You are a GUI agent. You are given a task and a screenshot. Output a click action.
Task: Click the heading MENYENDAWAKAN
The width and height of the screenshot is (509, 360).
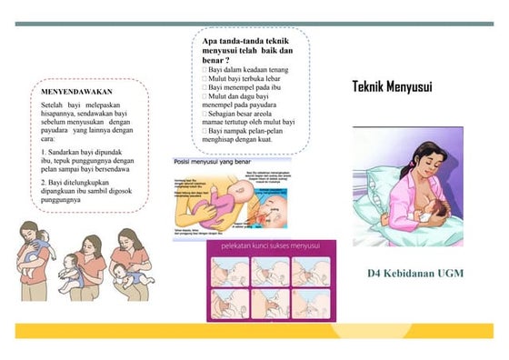(77, 92)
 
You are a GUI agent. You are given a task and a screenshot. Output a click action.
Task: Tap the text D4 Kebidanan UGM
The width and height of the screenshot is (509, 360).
(414, 274)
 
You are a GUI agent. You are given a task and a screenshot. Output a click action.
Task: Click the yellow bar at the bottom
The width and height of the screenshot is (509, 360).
(254, 331)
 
